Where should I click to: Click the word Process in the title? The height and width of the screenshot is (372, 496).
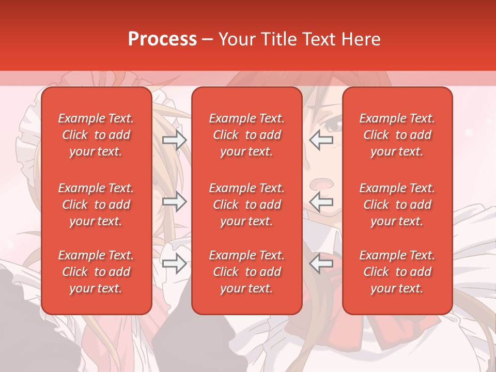[x=162, y=39]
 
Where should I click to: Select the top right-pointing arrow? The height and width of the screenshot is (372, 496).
[x=174, y=140]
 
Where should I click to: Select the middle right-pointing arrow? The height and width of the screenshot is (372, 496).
[x=174, y=202]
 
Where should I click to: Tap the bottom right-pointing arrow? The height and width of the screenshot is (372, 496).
[x=174, y=263]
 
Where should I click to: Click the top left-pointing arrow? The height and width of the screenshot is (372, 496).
[x=321, y=140]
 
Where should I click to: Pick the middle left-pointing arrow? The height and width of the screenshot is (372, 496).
[x=321, y=202]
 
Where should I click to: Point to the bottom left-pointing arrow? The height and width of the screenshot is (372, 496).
[x=321, y=263]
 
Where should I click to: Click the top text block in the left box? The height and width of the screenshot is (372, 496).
[x=96, y=135]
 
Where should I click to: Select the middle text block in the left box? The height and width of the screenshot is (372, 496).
[x=96, y=205]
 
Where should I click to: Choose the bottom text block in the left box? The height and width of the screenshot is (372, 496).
[x=96, y=272]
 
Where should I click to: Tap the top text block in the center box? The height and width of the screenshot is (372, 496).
[x=246, y=135]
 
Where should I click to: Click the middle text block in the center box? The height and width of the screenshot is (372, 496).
[x=246, y=205]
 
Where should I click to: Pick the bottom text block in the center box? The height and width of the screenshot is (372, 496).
[x=246, y=272]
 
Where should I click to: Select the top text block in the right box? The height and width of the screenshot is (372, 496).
[x=397, y=135]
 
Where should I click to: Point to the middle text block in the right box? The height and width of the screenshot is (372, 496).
[x=397, y=205]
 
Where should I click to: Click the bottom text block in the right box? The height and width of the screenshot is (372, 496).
[x=397, y=272]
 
